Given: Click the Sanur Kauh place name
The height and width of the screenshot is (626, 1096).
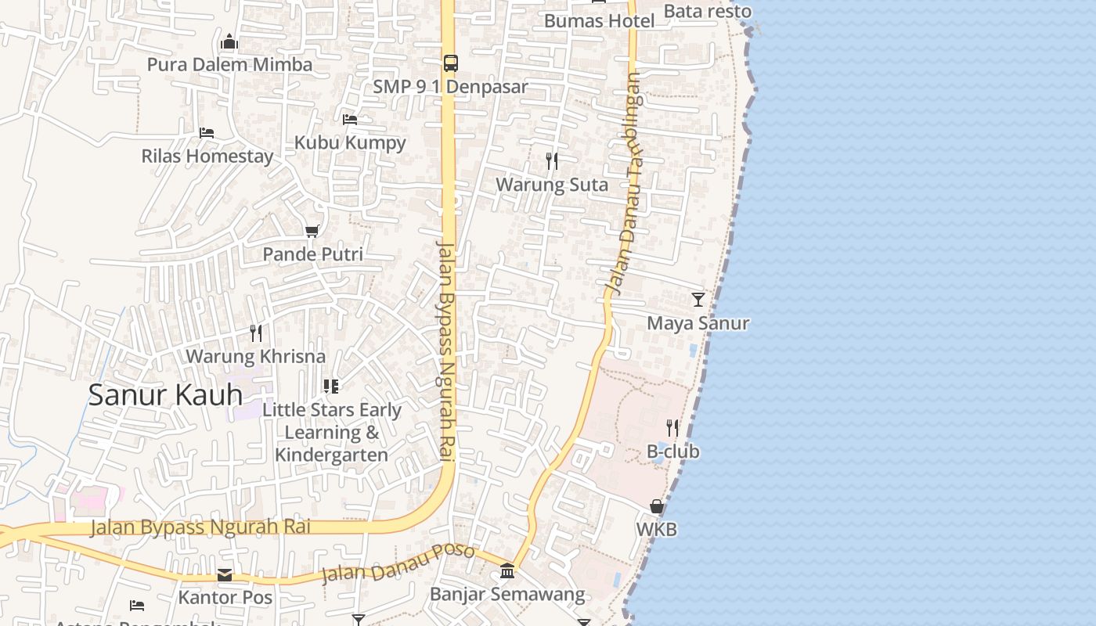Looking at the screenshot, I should (165, 394).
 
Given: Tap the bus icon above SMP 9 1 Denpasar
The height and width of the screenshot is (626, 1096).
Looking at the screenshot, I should (450, 63).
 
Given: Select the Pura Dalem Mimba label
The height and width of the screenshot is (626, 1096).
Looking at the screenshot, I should (229, 65).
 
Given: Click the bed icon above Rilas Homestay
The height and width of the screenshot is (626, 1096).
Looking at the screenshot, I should (207, 132).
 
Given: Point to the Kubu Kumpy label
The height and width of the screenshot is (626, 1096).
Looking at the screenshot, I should (350, 142).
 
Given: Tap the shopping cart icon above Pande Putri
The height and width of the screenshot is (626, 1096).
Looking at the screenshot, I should (312, 231).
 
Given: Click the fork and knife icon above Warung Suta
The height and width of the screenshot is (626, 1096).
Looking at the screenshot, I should (552, 161).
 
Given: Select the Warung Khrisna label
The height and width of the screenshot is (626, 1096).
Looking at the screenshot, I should (255, 356).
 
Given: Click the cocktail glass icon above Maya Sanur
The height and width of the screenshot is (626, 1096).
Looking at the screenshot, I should (698, 299).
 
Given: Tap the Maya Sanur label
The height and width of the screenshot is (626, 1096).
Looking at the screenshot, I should (698, 323).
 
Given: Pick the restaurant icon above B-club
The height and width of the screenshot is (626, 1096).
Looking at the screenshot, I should (672, 427).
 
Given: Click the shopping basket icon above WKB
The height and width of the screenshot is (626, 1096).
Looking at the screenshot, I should (657, 506).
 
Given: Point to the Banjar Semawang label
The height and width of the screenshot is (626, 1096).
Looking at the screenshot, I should (507, 594).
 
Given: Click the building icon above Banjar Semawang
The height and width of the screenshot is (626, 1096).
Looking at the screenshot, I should (507, 570).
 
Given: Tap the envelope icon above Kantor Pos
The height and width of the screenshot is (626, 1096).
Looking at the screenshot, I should (225, 575).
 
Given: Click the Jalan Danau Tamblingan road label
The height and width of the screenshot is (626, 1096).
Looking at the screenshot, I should (625, 185).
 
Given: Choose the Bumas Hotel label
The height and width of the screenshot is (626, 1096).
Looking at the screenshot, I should (599, 21).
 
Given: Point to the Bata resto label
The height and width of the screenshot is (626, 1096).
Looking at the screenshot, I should (707, 11).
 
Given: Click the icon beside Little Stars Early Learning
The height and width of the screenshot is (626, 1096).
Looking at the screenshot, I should (331, 387).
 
